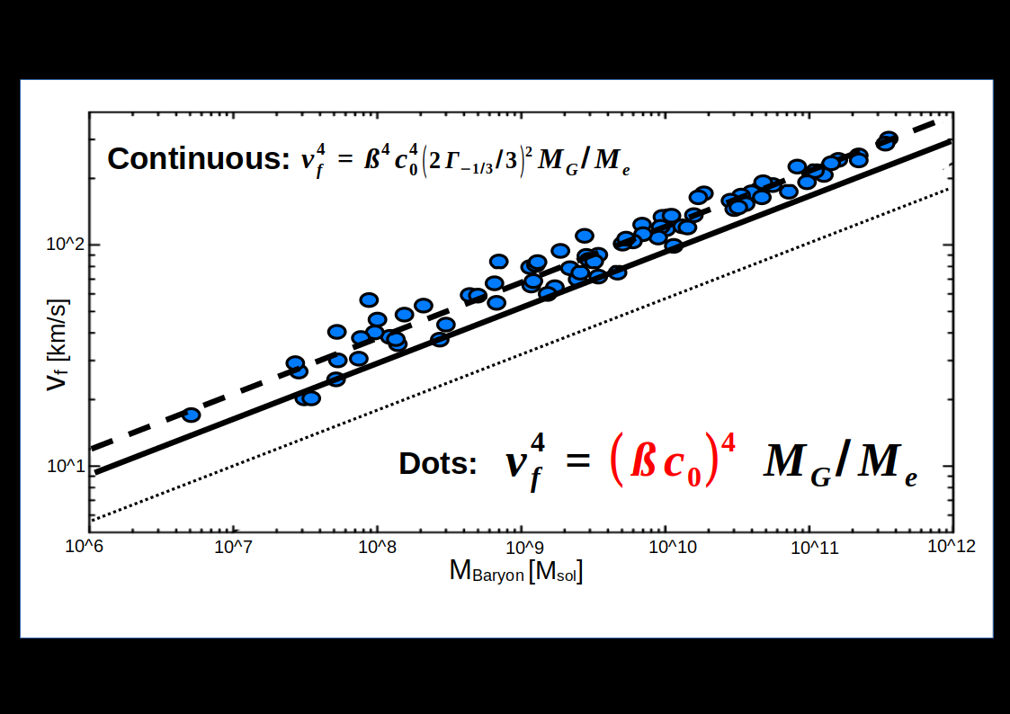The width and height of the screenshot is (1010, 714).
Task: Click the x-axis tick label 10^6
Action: click(90, 547)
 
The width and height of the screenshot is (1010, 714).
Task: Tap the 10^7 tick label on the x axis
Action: click(234, 547)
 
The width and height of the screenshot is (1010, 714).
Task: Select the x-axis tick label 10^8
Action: click(378, 547)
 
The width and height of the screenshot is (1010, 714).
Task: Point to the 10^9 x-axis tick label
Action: click(522, 547)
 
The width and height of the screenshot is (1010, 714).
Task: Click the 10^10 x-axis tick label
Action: click(666, 547)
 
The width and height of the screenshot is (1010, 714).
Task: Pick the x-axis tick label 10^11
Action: click(809, 547)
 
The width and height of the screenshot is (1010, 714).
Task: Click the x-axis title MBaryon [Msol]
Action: click(516, 572)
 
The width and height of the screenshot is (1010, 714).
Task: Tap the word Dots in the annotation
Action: click(437, 464)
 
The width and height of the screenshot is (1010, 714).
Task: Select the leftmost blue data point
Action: click(191, 415)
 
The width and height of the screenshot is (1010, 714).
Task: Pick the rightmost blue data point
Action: click(889, 138)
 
